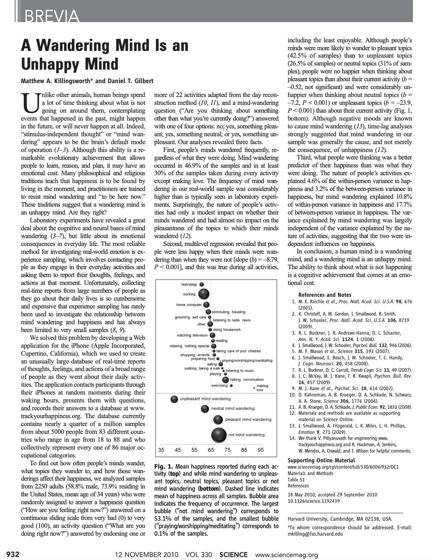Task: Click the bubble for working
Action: (204, 294)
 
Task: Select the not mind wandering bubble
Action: (218, 435)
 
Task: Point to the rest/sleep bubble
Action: (203, 284)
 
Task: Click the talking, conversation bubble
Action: (225, 379)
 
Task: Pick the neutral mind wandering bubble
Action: (205, 409)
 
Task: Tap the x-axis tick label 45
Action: (178, 450)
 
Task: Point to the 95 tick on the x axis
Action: (260, 450)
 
